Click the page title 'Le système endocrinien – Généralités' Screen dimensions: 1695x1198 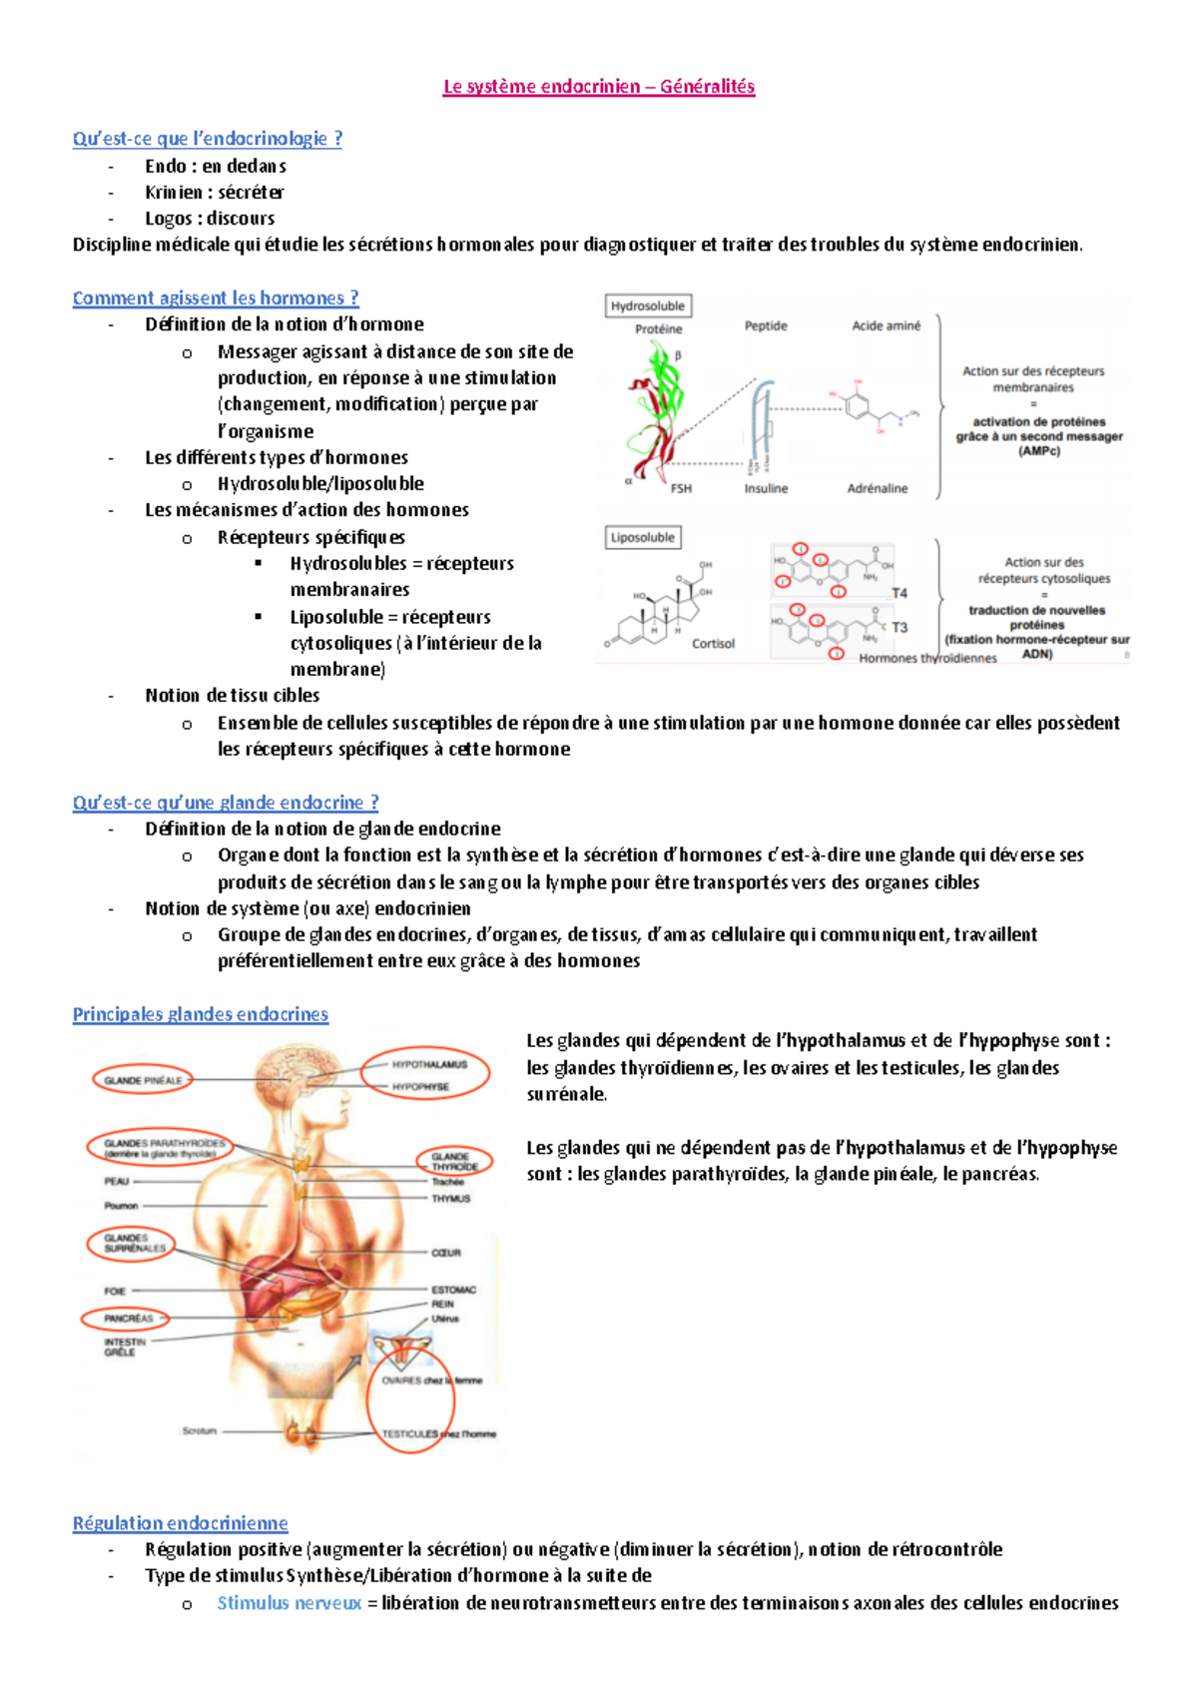pyautogui.click(x=599, y=87)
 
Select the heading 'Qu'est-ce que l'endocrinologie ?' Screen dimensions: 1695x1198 pyautogui.click(x=208, y=139)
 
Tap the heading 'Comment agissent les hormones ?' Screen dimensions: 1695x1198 pyautogui.click(x=216, y=297)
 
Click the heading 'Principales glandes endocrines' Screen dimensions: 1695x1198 pyautogui.click(x=201, y=1014)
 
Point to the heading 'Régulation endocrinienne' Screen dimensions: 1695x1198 pyautogui.click(x=181, y=1523)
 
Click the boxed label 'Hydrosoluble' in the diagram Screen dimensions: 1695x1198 pyautogui.click(x=648, y=306)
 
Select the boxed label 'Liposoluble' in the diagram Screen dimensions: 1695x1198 pyautogui.click(x=643, y=538)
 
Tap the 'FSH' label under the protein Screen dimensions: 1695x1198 pyautogui.click(x=681, y=489)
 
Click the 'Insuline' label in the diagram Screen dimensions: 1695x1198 pyautogui.click(x=766, y=489)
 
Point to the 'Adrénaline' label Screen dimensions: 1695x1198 pyautogui.click(x=878, y=489)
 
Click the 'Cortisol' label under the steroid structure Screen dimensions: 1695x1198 pyautogui.click(x=713, y=644)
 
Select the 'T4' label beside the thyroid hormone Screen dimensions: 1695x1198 pyautogui.click(x=899, y=593)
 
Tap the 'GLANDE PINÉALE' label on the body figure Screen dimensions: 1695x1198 pyautogui.click(x=144, y=1080)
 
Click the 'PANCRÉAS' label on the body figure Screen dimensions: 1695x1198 pyautogui.click(x=129, y=1319)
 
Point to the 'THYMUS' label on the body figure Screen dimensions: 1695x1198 pyautogui.click(x=451, y=1199)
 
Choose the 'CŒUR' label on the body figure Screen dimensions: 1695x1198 pyautogui.click(x=446, y=1253)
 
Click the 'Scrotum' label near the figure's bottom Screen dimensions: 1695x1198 pyautogui.click(x=200, y=1431)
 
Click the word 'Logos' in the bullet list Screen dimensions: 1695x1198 pyautogui.click(x=168, y=219)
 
